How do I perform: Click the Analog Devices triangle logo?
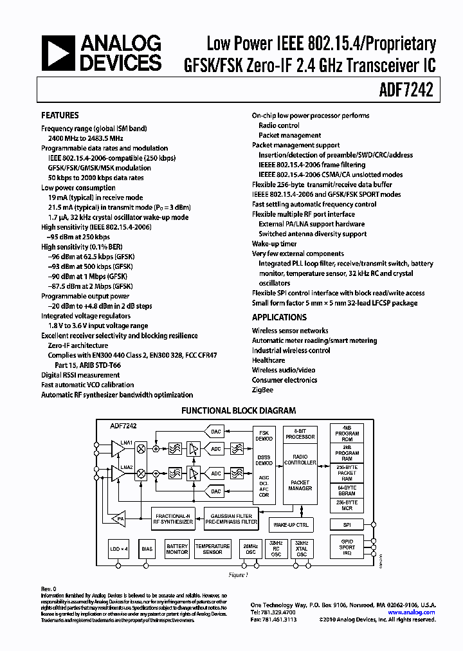[x=57, y=53]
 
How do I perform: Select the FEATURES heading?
[x=60, y=116]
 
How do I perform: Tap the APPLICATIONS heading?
[x=279, y=317]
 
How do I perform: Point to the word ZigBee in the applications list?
[x=262, y=390]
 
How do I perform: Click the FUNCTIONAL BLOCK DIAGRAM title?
[x=239, y=410]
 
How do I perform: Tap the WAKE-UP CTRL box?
[x=292, y=525]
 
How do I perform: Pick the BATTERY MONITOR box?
[x=177, y=549]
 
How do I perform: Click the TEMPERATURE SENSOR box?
[x=212, y=549]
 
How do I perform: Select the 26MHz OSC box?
[x=249, y=549]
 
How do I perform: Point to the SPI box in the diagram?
[x=347, y=525]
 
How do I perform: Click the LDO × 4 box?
[x=119, y=549]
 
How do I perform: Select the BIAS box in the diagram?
[x=147, y=549]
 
